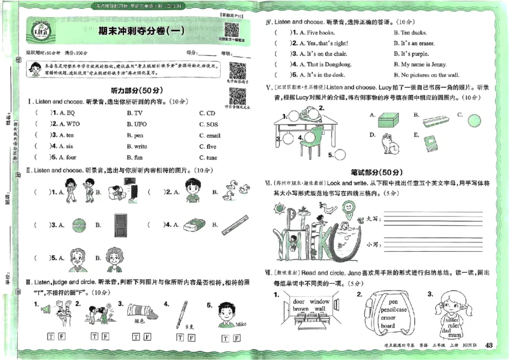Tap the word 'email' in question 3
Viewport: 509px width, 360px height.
tap(213, 135)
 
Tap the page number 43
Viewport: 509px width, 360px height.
tap(489, 345)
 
